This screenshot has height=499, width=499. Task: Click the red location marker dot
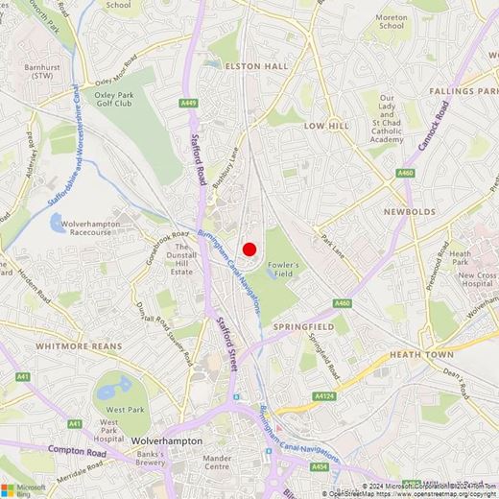coord(249,249)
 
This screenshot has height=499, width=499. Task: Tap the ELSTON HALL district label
coord(255,66)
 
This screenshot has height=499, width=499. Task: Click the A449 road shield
coord(188,103)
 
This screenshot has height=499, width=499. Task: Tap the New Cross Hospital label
coord(477,280)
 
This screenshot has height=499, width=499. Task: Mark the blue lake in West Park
coord(118,389)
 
